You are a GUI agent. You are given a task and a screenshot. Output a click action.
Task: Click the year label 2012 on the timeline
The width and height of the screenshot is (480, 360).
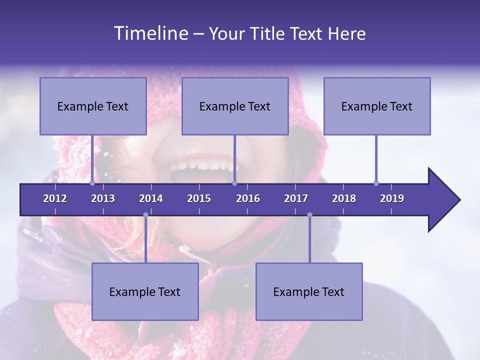tap(55, 198)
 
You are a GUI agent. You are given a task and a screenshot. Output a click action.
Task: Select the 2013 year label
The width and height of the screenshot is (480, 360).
tap(103, 198)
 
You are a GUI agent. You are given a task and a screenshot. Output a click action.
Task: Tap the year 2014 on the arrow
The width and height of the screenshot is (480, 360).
tap(151, 198)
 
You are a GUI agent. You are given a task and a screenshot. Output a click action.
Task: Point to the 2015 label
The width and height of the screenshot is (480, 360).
tap(199, 198)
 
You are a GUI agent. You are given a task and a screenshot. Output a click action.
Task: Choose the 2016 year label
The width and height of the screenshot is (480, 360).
tap(248, 198)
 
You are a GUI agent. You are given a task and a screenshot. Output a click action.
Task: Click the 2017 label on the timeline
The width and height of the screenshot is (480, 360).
tap(296, 198)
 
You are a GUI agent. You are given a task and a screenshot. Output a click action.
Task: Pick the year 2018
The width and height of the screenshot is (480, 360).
tap(344, 198)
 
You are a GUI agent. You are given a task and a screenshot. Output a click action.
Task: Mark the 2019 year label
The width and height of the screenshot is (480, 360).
tap(392, 198)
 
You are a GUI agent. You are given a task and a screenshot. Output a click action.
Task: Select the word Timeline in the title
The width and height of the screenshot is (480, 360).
tap(150, 33)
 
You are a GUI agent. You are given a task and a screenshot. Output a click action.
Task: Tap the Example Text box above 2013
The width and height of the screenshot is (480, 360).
tap(93, 106)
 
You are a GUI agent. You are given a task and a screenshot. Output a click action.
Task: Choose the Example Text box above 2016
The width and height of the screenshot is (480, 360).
tap(235, 106)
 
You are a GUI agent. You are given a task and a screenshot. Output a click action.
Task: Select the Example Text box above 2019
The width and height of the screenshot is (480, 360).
tap(377, 106)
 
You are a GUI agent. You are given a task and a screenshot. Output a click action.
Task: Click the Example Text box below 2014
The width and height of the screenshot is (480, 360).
tap(145, 291)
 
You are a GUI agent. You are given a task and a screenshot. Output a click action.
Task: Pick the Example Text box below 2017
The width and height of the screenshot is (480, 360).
tap(309, 291)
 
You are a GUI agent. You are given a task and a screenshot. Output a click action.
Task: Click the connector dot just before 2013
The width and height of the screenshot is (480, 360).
tap(92, 183)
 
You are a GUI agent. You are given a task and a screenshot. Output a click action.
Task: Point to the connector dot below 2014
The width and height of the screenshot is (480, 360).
tap(145, 215)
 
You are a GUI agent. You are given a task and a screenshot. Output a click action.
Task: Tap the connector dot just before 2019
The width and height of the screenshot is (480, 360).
tap(376, 183)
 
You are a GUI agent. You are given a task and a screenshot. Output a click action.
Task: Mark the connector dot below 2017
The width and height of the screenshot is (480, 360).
tap(309, 215)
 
